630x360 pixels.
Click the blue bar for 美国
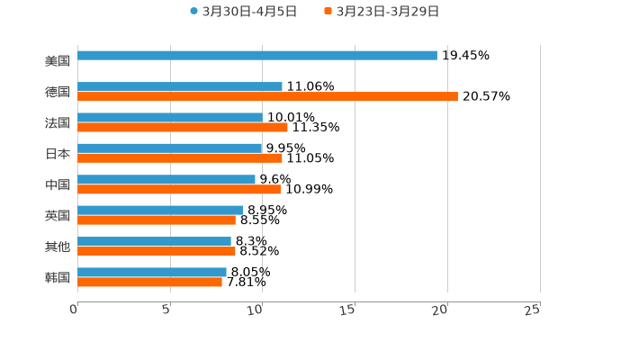pos(257,56)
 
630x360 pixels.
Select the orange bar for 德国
pos(267,96)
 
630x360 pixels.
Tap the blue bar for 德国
pos(180,86)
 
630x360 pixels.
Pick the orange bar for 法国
pos(183,127)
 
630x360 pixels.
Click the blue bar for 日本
pos(170,148)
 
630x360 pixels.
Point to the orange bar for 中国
pos(179,189)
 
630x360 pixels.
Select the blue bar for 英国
pos(160,210)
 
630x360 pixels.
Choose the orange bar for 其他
pos(157,251)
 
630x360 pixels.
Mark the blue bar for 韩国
pos(152,272)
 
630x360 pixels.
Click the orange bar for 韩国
pos(149,282)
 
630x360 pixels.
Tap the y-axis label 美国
pos(58,61)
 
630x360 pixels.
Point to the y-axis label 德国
pos(58,92)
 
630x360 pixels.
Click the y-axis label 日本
pos(58,154)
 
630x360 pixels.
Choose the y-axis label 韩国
pos(58,277)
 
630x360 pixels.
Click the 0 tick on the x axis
pos(75,310)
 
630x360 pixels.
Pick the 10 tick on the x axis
pos(257,310)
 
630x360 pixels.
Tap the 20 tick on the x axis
pos(441,310)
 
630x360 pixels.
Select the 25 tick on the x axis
pos(533,310)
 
